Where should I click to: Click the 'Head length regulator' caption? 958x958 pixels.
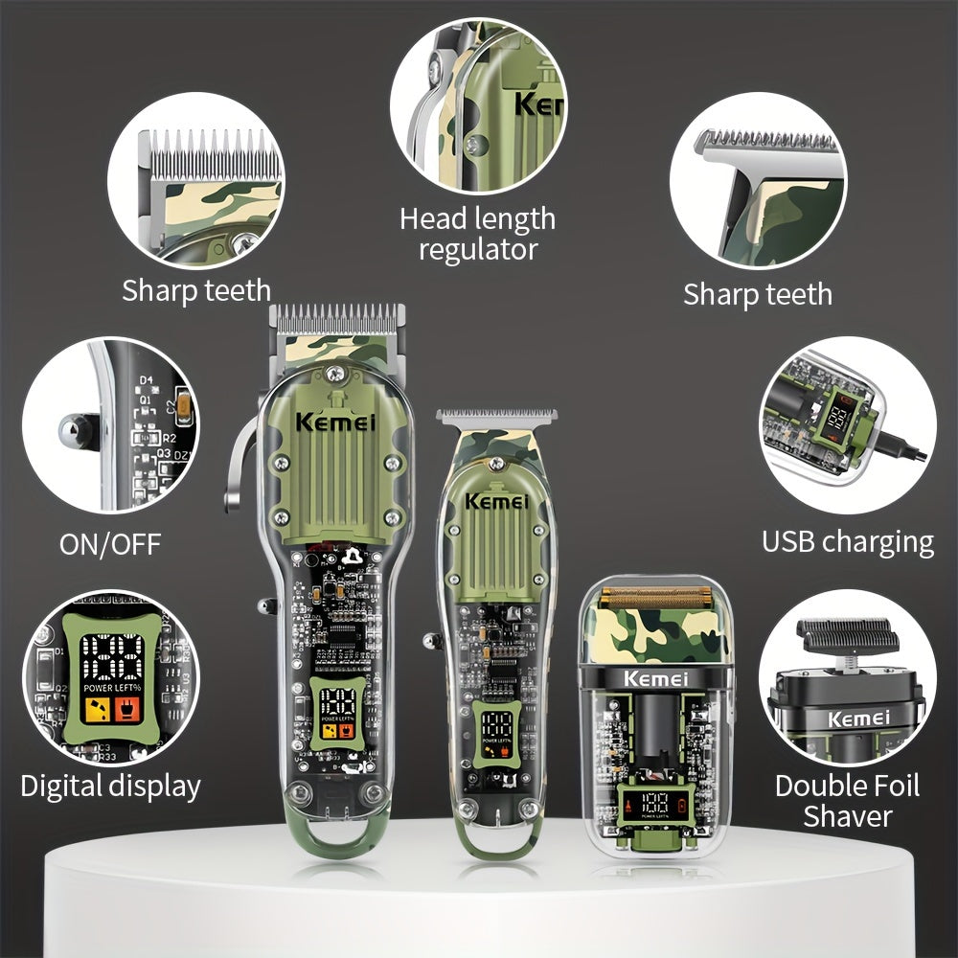click(477, 234)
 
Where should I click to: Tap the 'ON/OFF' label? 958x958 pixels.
click(110, 544)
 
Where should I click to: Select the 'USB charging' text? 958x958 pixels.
click(847, 541)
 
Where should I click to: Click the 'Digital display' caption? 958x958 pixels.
click(110, 787)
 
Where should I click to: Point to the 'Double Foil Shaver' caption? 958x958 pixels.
click(847, 801)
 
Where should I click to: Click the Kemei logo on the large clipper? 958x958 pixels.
click(335, 422)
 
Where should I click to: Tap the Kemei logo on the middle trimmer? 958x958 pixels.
click(495, 501)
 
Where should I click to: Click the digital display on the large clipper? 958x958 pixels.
click(337, 714)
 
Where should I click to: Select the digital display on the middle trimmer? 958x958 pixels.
click(496, 730)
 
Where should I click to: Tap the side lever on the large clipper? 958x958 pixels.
click(239, 479)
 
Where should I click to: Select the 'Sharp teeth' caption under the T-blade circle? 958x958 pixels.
click(757, 294)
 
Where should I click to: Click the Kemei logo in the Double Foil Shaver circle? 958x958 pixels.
click(858, 718)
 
